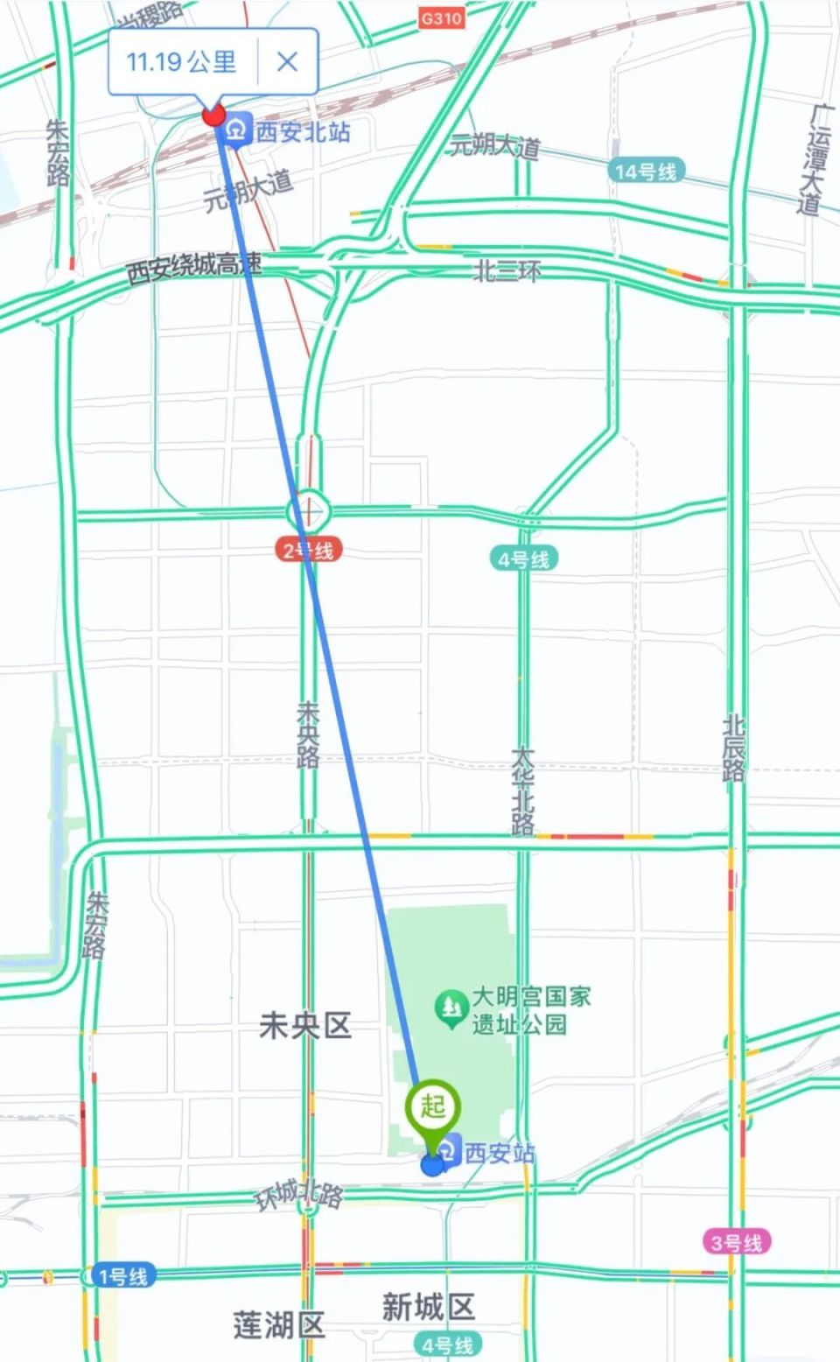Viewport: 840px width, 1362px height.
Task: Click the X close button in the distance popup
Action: tap(287, 61)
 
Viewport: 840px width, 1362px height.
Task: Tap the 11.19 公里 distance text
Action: tap(181, 61)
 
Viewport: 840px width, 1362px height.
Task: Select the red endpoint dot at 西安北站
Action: tap(213, 115)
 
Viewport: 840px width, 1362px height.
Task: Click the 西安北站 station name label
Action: tap(303, 132)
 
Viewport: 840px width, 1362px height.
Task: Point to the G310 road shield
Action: tap(441, 18)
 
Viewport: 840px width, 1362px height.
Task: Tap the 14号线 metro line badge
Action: tap(646, 172)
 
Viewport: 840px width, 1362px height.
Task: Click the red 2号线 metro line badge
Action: tap(308, 551)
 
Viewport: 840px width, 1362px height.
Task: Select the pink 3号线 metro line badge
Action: tap(737, 1242)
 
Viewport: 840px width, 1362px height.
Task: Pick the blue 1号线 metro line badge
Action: tap(122, 1276)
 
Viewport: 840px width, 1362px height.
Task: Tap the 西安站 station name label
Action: tap(499, 1153)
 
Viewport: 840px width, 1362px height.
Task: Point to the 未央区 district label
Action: tap(305, 1026)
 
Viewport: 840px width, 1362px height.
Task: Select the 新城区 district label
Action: tap(428, 1307)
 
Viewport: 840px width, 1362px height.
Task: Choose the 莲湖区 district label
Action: tap(279, 1325)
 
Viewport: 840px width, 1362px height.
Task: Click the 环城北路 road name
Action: tap(298, 1194)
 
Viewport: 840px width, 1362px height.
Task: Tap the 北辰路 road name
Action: tap(733, 748)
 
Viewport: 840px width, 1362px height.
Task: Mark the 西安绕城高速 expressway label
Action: tap(193, 266)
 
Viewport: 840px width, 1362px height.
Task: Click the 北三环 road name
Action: tap(507, 271)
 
